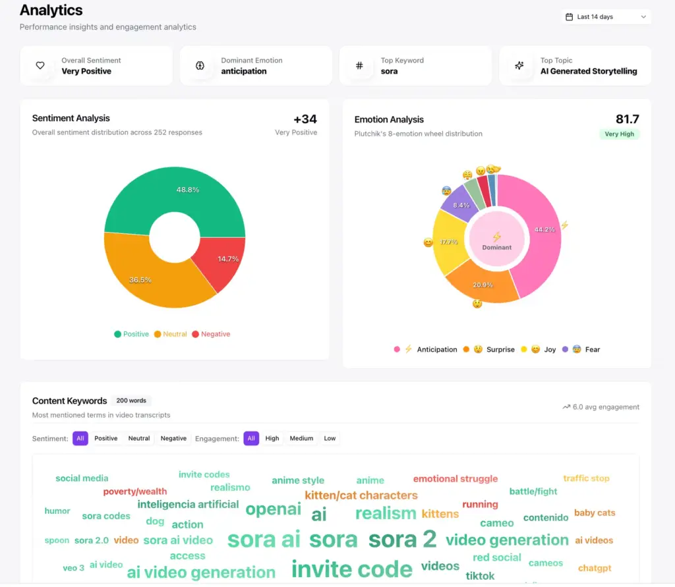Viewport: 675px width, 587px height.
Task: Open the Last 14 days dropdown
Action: pos(606,16)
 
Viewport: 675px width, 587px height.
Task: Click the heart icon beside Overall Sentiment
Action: pos(40,65)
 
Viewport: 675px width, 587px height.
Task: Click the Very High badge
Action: pos(620,134)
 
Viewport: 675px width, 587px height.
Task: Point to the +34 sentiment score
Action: pos(305,119)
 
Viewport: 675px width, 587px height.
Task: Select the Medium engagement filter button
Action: pos(301,438)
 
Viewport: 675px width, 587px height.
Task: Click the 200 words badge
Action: pos(131,401)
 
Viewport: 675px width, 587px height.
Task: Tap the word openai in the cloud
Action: pos(273,509)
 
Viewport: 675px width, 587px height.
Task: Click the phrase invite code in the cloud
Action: pos(351,569)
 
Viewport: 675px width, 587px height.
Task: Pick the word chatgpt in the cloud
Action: pos(595,568)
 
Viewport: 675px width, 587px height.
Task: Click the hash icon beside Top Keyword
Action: pos(359,65)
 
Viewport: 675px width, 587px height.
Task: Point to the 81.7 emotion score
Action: pos(627,119)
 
